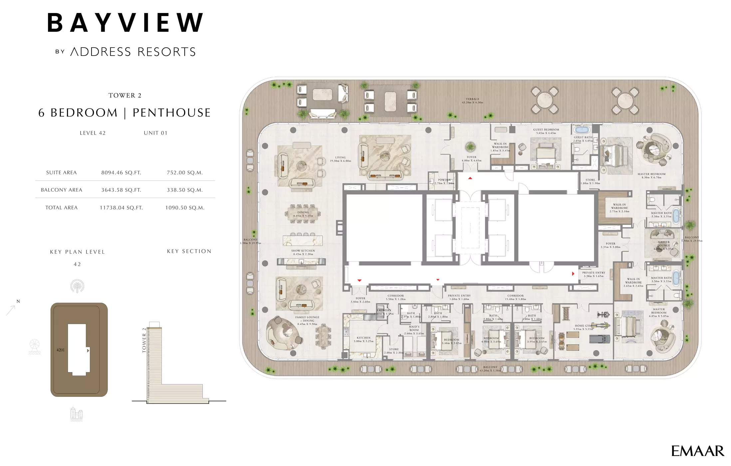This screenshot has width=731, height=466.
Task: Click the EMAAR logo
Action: tap(697, 451)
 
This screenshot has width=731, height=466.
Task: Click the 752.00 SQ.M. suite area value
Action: tap(185, 172)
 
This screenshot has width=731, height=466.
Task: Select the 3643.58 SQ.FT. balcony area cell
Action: tap(121, 190)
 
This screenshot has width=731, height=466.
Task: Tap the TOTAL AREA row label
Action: tap(62, 208)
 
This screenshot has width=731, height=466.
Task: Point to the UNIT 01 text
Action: tap(155, 133)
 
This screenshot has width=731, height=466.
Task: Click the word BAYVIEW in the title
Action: tap(125, 23)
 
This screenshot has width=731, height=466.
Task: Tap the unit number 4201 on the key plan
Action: tap(61, 350)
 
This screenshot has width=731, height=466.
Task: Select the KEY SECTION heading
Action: tap(189, 251)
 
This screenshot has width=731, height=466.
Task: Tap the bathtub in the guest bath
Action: tap(581, 130)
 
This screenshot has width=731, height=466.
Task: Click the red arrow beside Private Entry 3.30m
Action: tap(573, 274)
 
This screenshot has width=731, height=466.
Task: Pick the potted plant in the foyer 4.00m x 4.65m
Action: tap(470, 146)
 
